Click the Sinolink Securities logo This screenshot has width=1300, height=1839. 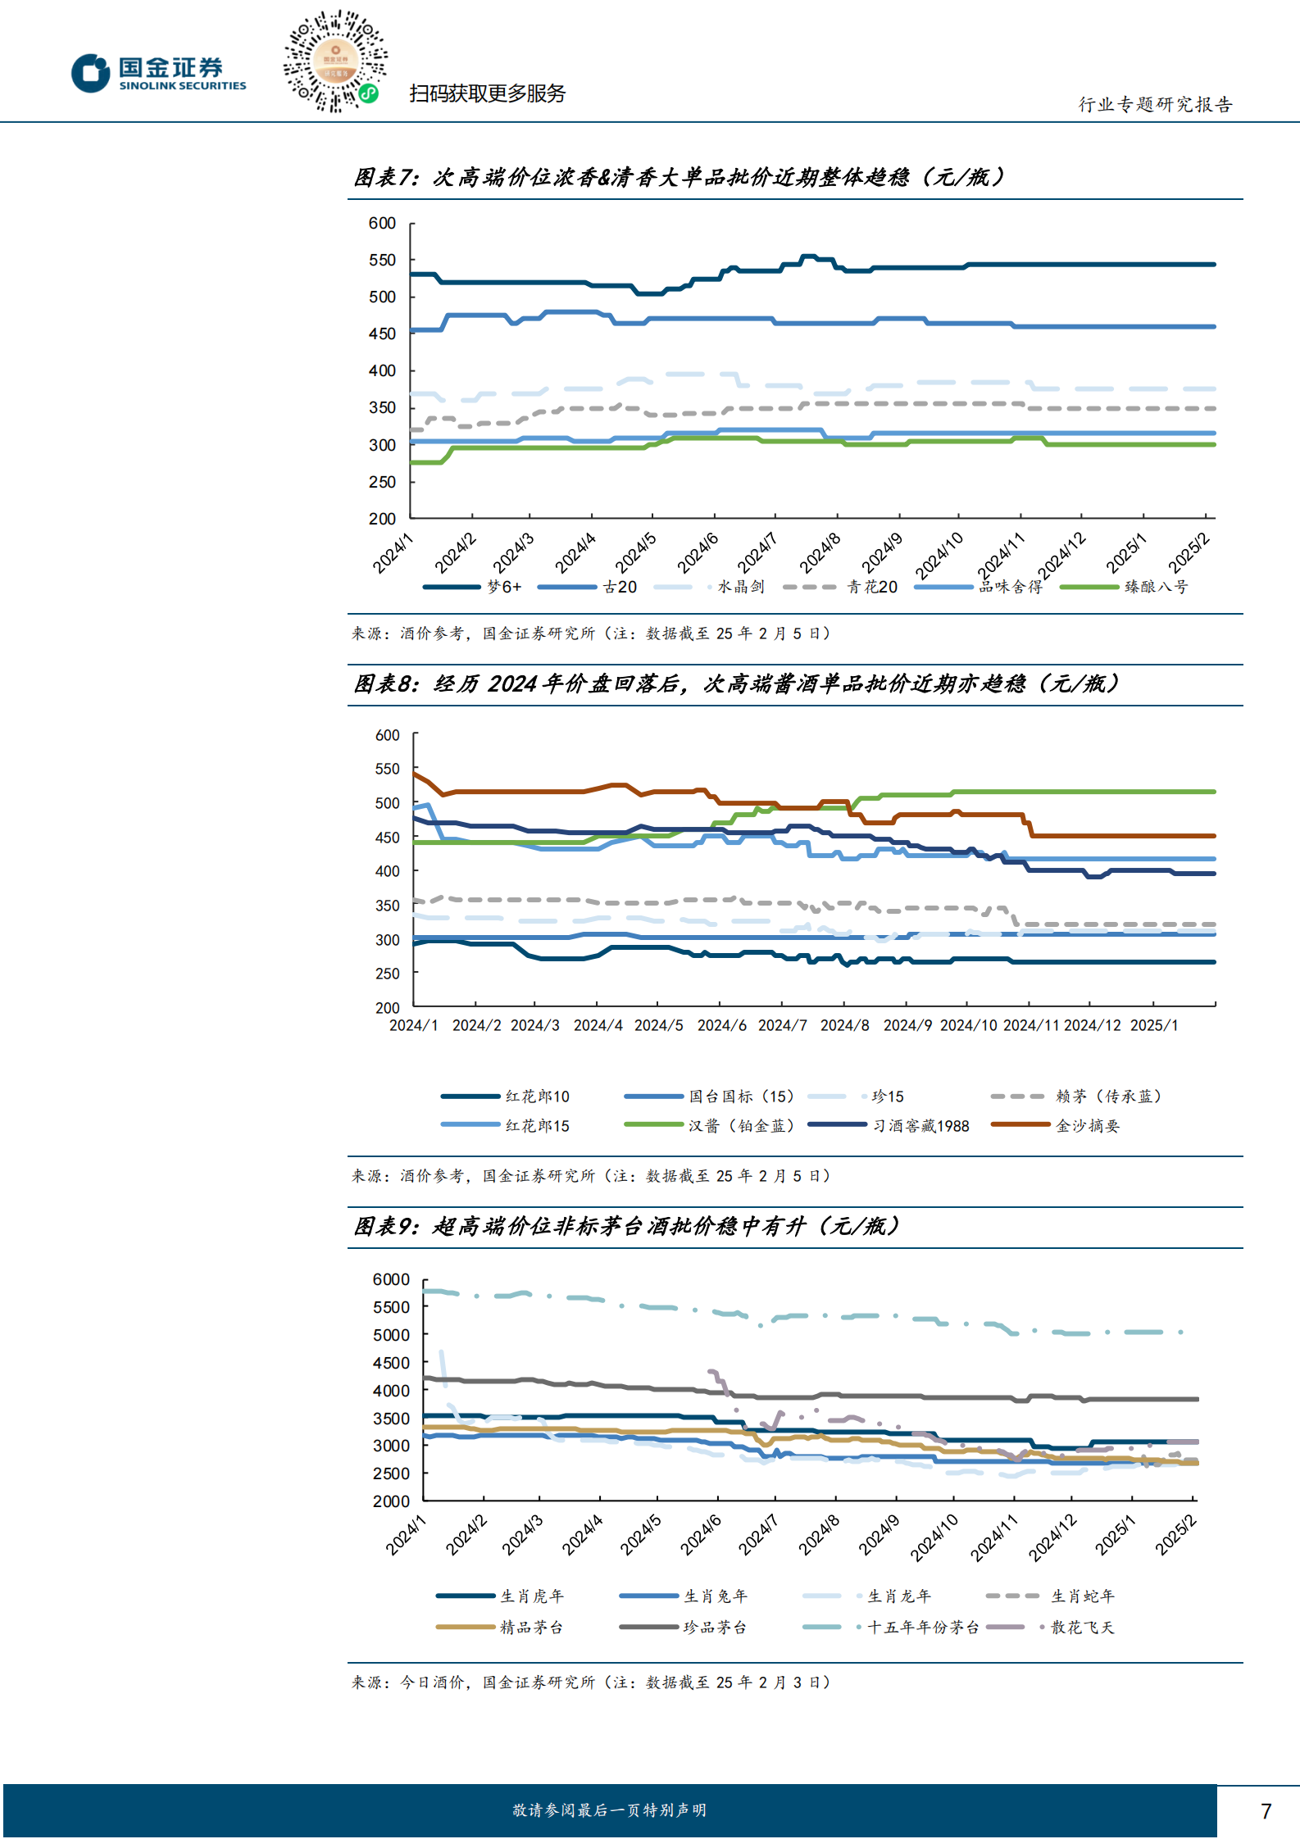(158, 74)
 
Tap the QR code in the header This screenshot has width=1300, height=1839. (335, 61)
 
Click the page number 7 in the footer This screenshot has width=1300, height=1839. (1266, 1810)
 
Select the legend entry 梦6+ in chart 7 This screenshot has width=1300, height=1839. (472, 587)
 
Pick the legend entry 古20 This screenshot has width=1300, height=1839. (588, 587)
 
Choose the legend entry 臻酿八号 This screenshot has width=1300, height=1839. (1124, 587)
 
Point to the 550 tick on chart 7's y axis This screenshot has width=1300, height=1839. (382, 260)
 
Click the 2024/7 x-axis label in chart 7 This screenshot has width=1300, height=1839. (757, 553)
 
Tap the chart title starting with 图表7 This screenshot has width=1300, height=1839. (679, 177)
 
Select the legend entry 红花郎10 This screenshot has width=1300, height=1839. (505, 1097)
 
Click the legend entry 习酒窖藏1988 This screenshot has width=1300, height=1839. (889, 1126)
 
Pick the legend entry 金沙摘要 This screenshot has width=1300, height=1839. (1055, 1126)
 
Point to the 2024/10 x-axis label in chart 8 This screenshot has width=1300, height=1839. (968, 1025)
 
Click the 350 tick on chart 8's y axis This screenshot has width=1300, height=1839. (387, 906)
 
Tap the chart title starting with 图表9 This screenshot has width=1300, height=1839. (627, 1226)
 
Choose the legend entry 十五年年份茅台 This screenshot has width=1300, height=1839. (891, 1628)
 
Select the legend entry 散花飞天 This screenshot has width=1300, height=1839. (1051, 1628)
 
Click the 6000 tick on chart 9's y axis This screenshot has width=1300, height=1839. (391, 1279)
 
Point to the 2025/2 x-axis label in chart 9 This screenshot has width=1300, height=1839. (1176, 1535)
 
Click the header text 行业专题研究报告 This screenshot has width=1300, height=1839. (1155, 104)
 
